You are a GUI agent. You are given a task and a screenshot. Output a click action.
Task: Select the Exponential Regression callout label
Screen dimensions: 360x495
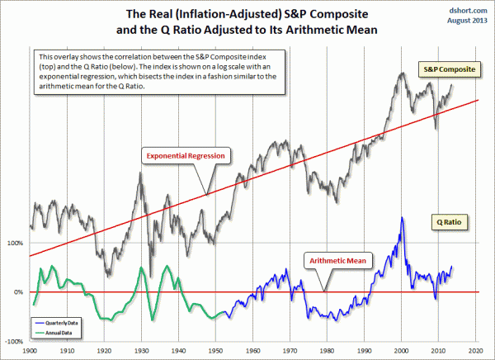pos(186,154)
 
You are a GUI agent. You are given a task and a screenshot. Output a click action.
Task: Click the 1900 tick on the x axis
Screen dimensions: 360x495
pos(30,350)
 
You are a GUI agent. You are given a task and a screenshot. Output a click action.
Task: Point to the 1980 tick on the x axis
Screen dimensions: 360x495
pos(328,350)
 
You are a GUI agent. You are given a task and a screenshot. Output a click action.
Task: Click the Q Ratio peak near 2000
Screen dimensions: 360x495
pos(401,218)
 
